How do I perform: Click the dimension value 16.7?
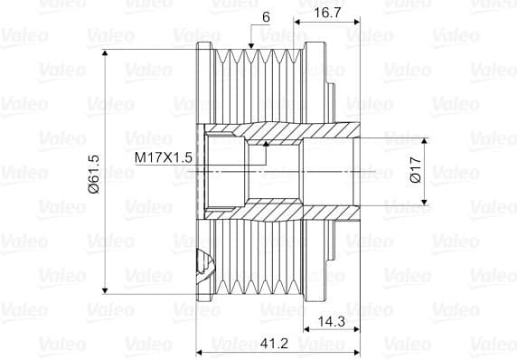click(x=327, y=13)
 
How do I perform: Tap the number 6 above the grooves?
click(x=266, y=17)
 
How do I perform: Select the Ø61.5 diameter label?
click(x=94, y=174)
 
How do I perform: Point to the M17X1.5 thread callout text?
click(x=164, y=157)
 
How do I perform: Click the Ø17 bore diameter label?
click(x=416, y=170)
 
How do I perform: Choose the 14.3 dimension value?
click(x=332, y=321)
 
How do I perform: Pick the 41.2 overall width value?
click(x=274, y=344)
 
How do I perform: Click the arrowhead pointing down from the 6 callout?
click(x=251, y=46)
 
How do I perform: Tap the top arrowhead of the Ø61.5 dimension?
click(x=105, y=53)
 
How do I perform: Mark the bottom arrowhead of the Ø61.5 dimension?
click(x=105, y=290)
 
